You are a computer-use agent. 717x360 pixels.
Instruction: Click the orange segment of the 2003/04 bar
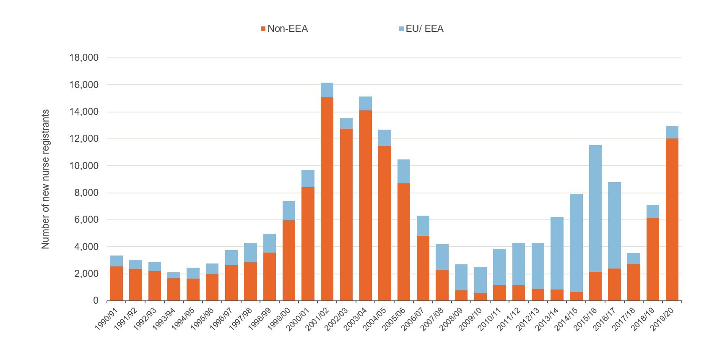[x=365, y=206]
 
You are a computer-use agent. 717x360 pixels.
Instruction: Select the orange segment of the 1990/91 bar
[x=116, y=284]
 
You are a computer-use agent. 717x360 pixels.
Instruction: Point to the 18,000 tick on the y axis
[x=84, y=58]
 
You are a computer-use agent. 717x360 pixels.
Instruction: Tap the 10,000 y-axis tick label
[x=84, y=166]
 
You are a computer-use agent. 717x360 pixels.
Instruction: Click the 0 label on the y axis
[x=95, y=301]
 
